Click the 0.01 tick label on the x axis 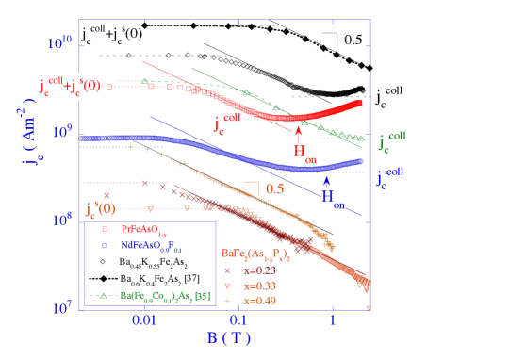click(x=143, y=321)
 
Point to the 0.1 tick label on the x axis click(x=238, y=321)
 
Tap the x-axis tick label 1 click(x=332, y=321)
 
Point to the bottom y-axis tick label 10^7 click(x=62, y=307)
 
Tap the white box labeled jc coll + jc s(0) click(x=70, y=87)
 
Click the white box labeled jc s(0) click(x=101, y=209)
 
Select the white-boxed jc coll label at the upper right click(x=388, y=97)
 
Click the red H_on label click(x=304, y=152)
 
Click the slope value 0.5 click(x=274, y=188)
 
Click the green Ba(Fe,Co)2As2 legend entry click(x=151, y=295)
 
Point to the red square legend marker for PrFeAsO click(x=105, y=229)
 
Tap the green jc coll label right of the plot click(x=390, y=142)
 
